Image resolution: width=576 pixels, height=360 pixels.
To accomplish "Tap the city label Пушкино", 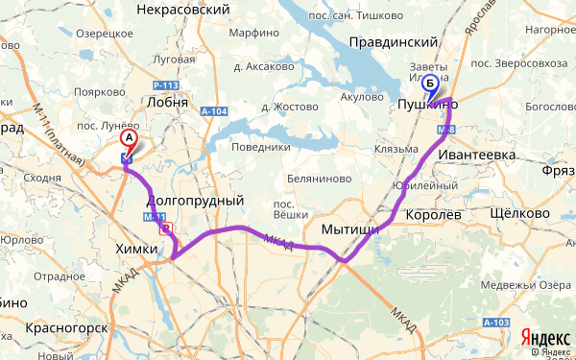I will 427,109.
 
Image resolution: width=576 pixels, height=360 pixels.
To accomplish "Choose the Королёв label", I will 433,215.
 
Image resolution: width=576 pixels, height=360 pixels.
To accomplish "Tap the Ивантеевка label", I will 477,155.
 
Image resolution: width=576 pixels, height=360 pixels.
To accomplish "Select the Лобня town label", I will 170,101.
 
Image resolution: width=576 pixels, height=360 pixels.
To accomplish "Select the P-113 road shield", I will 166,84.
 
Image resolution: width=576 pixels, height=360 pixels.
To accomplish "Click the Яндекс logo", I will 543,338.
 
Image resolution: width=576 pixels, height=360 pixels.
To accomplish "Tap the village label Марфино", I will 253,34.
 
